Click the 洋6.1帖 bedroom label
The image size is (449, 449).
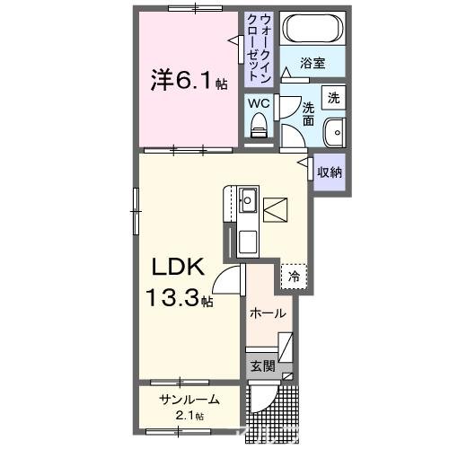click(188, 82)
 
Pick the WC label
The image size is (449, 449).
click(258, 103)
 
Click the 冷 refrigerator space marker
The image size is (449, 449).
click(294, 277)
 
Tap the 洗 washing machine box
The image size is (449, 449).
click(333, 97)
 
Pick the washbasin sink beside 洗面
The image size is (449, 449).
click(334, 130)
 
